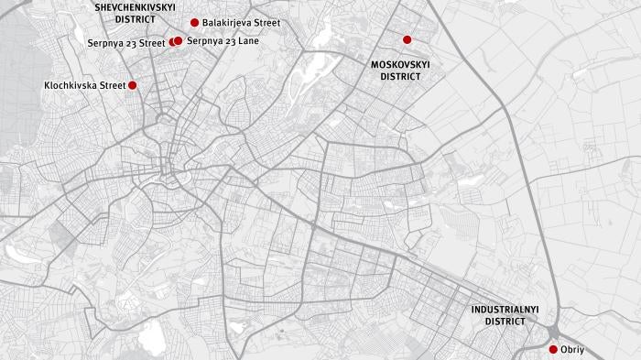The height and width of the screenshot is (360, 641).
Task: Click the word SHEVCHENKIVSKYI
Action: [136, 6]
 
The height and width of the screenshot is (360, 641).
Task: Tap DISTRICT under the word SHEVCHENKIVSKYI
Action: [136, 18]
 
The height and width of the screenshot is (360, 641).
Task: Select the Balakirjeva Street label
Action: [241, 22]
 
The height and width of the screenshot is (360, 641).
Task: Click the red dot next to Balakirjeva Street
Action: [194, 22]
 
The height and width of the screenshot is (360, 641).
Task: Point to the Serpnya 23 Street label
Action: [126, 42]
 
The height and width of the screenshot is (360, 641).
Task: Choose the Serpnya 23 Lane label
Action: [223, 41]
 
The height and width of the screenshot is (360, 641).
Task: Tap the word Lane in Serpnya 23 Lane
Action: [248, 41]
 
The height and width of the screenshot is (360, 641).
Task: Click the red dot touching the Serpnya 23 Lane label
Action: [179, 40]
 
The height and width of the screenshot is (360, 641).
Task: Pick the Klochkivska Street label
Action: [84, 85]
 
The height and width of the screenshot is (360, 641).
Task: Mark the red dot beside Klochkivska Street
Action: [132, 85]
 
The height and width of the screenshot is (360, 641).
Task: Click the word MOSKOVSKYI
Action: [400, 65]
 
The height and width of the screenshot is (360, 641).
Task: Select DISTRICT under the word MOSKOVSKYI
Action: [400, 77]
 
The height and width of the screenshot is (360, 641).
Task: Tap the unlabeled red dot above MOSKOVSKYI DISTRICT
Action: [407, 39]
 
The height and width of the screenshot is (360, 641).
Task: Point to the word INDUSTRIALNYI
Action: [505, 310]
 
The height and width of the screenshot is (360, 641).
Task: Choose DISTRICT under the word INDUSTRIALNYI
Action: [505, 322]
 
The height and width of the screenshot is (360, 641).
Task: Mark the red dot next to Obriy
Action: [553, 349]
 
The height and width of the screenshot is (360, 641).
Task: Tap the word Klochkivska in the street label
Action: [70, 85]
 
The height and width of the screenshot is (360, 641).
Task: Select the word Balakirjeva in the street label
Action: [227, 22]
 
